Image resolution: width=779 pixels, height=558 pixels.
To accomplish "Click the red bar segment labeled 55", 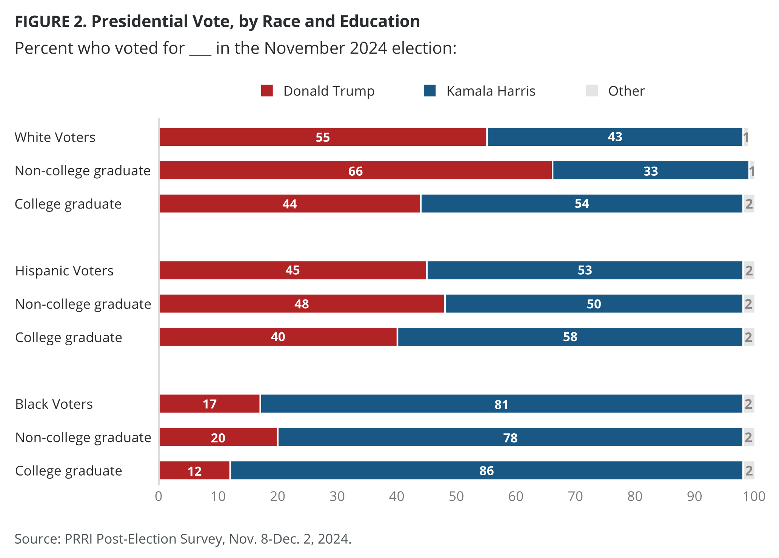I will pos(323,137).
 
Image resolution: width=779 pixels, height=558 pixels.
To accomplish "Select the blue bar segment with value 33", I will pos(650,170).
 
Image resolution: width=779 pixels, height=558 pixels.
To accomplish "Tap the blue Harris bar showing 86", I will pos(486,470).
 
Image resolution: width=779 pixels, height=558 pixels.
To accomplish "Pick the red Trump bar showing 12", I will pos(194,470).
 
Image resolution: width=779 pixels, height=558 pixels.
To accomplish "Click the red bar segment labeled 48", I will pos(302,304).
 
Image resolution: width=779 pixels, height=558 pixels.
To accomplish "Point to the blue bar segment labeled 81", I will pos(501,404).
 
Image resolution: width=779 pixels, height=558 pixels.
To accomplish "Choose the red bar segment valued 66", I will pos(355,170).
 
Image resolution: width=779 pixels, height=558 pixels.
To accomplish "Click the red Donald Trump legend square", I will pos(267,91).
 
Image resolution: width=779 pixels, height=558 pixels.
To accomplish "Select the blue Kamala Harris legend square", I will pos(430,91).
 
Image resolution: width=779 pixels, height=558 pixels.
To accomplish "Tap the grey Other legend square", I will pos(592,91).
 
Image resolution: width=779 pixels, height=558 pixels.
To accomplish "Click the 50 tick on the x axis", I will pos(456,496).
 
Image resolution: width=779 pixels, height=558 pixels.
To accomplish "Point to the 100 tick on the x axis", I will pos(754,496).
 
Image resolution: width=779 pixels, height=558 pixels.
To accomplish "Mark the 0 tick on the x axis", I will pos(159,496).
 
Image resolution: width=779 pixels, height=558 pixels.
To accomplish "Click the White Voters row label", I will pos(55,137).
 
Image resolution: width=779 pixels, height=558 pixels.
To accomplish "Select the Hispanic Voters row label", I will pos(64,271).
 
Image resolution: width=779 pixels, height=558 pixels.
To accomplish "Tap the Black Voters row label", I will pos(54,404).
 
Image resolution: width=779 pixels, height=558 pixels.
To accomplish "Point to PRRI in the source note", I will pos(79,539).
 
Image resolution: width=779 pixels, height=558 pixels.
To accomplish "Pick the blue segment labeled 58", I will pos(570,337).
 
